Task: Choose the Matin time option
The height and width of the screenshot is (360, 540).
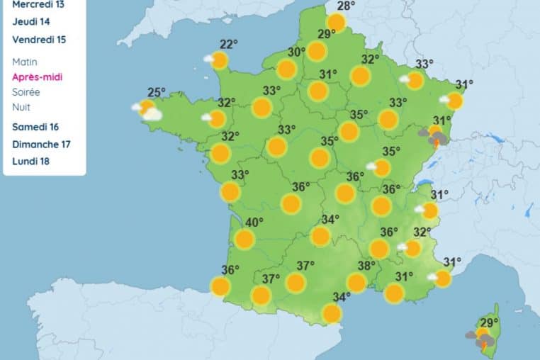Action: click(25, 62)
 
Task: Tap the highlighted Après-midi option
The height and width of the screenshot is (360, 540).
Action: click(38, 77)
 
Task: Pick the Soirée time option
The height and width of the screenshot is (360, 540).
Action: click(26, 92)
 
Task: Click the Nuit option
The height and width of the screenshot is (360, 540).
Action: click(21, 107)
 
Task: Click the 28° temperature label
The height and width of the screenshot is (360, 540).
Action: click(346, 7)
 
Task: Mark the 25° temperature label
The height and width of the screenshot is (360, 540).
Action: click(157, 91)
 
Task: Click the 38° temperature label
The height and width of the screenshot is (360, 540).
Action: click(366, 266)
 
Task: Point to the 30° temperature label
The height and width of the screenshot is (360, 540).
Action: click(296, 52)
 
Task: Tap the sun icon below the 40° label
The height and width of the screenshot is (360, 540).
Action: click(244, 240)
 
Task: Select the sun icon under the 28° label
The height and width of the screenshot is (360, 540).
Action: click(336, 23)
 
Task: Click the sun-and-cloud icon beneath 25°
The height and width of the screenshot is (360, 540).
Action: click(147, 109)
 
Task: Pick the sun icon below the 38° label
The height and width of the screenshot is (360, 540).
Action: click(356, 283)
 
